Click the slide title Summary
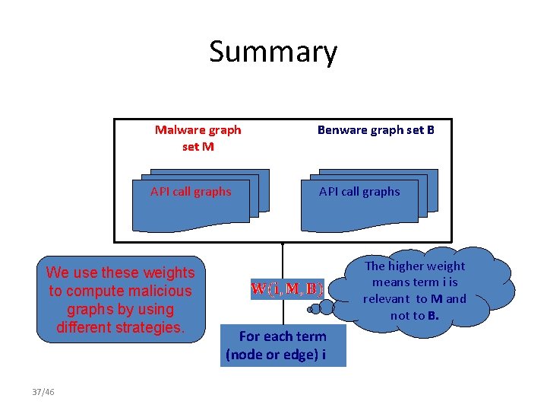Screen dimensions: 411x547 [x=273, y=52]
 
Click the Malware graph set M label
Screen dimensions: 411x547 [x=198, y=138]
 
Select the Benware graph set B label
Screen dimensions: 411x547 [x=375, y=129]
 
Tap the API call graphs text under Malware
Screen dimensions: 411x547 [x=191, y=192]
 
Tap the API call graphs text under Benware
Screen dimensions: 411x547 [x=359, y=192]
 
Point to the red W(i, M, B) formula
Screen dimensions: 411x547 [x=287, y=289]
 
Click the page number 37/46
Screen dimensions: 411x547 [x=43, y=392]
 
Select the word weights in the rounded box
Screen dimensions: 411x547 [x=170, y=272]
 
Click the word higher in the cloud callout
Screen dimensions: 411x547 [x=407, y=266]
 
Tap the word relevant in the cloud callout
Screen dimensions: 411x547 [x=387, y=299]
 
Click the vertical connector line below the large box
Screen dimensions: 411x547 [x=283, y=259]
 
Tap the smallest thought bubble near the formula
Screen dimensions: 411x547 [x=311, y=311]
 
